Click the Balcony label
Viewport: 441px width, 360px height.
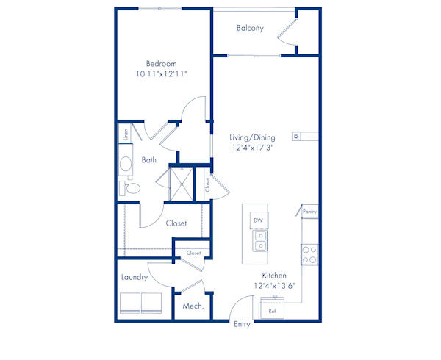coord(250,29)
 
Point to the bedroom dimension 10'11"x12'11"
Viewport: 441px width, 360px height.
coord(162,74)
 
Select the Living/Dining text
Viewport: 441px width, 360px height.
coord(251,137)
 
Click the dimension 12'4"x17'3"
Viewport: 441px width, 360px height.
coord(252,147)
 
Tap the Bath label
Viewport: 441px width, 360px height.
coord(149,159)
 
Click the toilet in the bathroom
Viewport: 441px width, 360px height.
coord(129,188)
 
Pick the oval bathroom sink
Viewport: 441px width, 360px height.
coord(126,164)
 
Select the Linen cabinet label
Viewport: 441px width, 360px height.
coord(126,134)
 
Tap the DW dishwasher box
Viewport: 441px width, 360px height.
coord(258,220)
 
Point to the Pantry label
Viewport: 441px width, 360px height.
coord(309,212)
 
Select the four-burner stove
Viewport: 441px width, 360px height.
coord(309,254)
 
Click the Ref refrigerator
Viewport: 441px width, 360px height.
coord(272,309)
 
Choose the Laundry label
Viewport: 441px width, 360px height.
coord(135,277)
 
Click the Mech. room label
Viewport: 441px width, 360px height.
coord(193,306)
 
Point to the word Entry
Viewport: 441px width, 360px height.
coord(241,324)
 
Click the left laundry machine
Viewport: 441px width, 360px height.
coord(129,303)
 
